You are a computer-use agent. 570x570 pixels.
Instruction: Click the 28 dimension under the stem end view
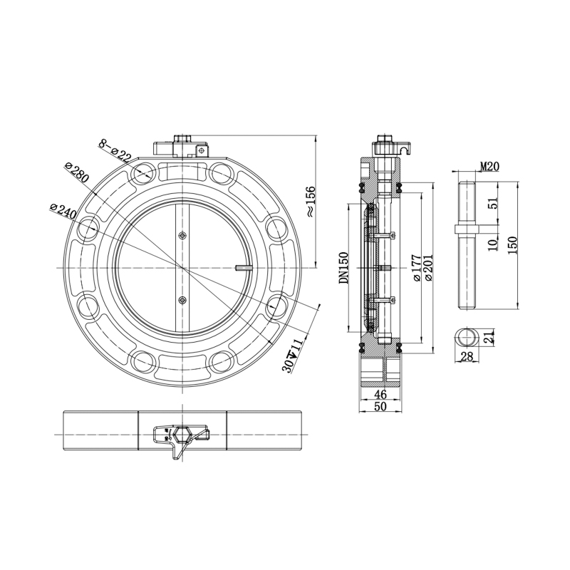[468, 356]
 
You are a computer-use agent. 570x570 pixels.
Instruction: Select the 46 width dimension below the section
[380, 394]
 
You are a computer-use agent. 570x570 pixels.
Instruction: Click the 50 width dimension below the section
[380, 406]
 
